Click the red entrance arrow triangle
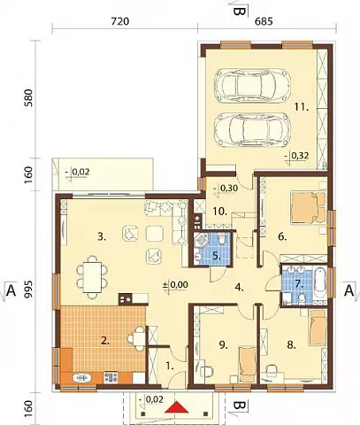176,408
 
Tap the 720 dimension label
120,21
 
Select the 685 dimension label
264,21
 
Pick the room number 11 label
302,107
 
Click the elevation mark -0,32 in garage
297,156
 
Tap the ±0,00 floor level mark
175,285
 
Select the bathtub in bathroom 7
320,283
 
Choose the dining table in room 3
92,276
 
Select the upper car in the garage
253,85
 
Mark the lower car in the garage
251,129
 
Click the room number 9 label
224,345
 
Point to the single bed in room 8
318,328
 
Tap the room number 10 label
220,212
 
